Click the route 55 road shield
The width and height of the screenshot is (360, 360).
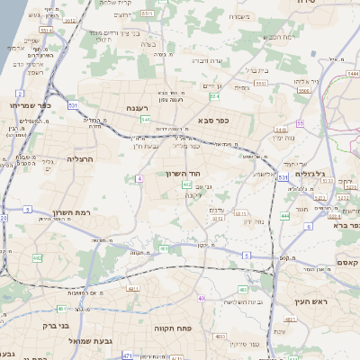[300, 123]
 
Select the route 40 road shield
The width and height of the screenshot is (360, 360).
[202, 298]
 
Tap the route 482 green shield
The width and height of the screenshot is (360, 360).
[38, 259]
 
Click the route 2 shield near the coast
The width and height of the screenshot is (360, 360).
[19, 93]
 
